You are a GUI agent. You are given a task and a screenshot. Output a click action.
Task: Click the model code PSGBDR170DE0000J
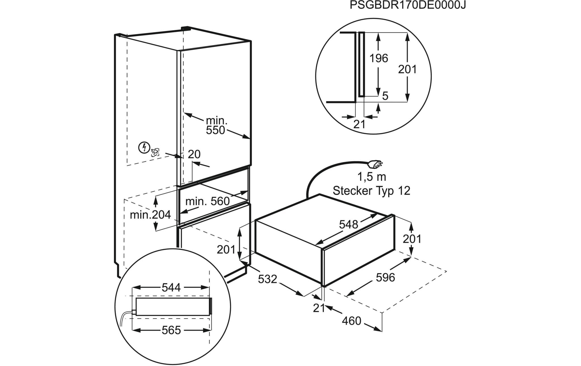click(x=408, y=5)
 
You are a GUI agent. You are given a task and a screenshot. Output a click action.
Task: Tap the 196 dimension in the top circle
click(x=379, y=58)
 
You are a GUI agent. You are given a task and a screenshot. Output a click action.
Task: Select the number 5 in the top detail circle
click(x=385, y=96)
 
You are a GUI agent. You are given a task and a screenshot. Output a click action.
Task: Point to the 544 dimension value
click(x=171, y=288)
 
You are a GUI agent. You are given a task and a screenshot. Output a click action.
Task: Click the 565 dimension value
click(x=171, y=330)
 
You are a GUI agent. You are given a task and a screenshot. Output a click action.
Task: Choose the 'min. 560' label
click(x=207, y=201)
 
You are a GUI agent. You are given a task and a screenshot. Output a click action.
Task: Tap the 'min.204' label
click(x=150, y=215)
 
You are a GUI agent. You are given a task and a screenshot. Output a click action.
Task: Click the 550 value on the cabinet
click(x=215, y=130)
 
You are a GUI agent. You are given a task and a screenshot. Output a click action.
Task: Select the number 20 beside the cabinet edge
click(x=194, y=154)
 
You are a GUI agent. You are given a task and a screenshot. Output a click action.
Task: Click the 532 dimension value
click(x=267, y=279)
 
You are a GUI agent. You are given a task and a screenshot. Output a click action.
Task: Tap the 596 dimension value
click(x=386, y=277)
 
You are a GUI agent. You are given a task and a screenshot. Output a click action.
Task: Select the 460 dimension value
click(x=351, y=321)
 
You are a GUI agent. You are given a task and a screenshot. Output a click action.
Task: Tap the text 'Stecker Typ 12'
click(x=371, y=191)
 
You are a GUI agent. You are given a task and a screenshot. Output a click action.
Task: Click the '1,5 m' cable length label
click(x=372, y=177)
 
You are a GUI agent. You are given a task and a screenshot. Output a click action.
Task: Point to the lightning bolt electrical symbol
click(x=144, y=147)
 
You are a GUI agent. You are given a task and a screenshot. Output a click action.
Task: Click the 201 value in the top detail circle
click(x=407, y=69)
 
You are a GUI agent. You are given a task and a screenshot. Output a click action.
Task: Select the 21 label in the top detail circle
click(x=359, y=124)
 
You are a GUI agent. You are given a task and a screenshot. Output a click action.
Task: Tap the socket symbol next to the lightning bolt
click(x=155, y=152)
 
